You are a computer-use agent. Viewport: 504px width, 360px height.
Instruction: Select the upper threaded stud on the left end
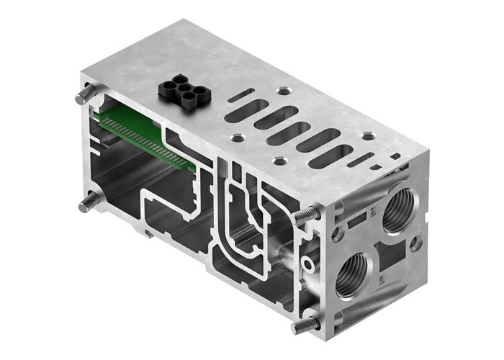[86, 96]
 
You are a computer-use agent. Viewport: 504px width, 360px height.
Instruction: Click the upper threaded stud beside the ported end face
[308, 214]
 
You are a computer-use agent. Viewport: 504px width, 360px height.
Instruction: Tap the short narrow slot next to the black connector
[240, 94]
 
